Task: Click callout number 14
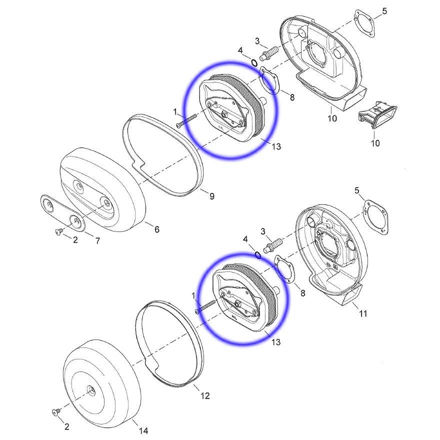point(143,430)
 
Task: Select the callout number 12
point(205,395)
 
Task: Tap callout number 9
point(211,196)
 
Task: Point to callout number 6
point(156,229)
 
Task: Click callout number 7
point(97,240)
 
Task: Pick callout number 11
point(363,313)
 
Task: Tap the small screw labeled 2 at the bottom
point(55,412)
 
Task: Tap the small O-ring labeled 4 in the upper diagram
point(254,63)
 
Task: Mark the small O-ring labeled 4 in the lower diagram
point(258,254)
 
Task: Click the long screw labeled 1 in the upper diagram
point(187,120)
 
